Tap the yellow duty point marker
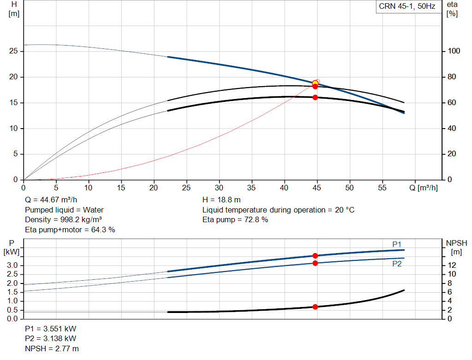pyautogui.click(x=315, y=83)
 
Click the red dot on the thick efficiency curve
pyautogui.click(x=315, y=97)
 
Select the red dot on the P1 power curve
pyautogui.click(x=315, y=255)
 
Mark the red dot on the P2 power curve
pyautogui.click(x=315, y=263)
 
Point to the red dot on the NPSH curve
pyautogui.click(x=315, y=307)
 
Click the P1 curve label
pyautogui.click(x=397, y=244)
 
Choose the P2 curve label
pyautogui.click(x=397, y=264)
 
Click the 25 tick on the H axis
pyautogui.click(x=13, y=51)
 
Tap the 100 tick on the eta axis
pyautogui.click(x=454, y=51)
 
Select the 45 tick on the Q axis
pyautogui.click(x=317, y=188)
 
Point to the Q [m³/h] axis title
pyautogui.click(x=423, y=188)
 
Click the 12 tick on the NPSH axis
pyautogui.click(x=452, y=265)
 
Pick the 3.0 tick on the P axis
pyautogui.click(x=12, y=265)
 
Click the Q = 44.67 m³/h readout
pyautogui.click(x=51, y=200)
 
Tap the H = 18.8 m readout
pyautogui.click(x=221, y=200)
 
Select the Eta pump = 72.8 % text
pyautogui.click(x=235, y=219)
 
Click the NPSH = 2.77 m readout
pyautogui.click(x=52, y=348)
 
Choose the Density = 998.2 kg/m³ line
pyautogui.click(x=63, y=219)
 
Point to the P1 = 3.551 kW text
pyautogui.click(x=51, y=329)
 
